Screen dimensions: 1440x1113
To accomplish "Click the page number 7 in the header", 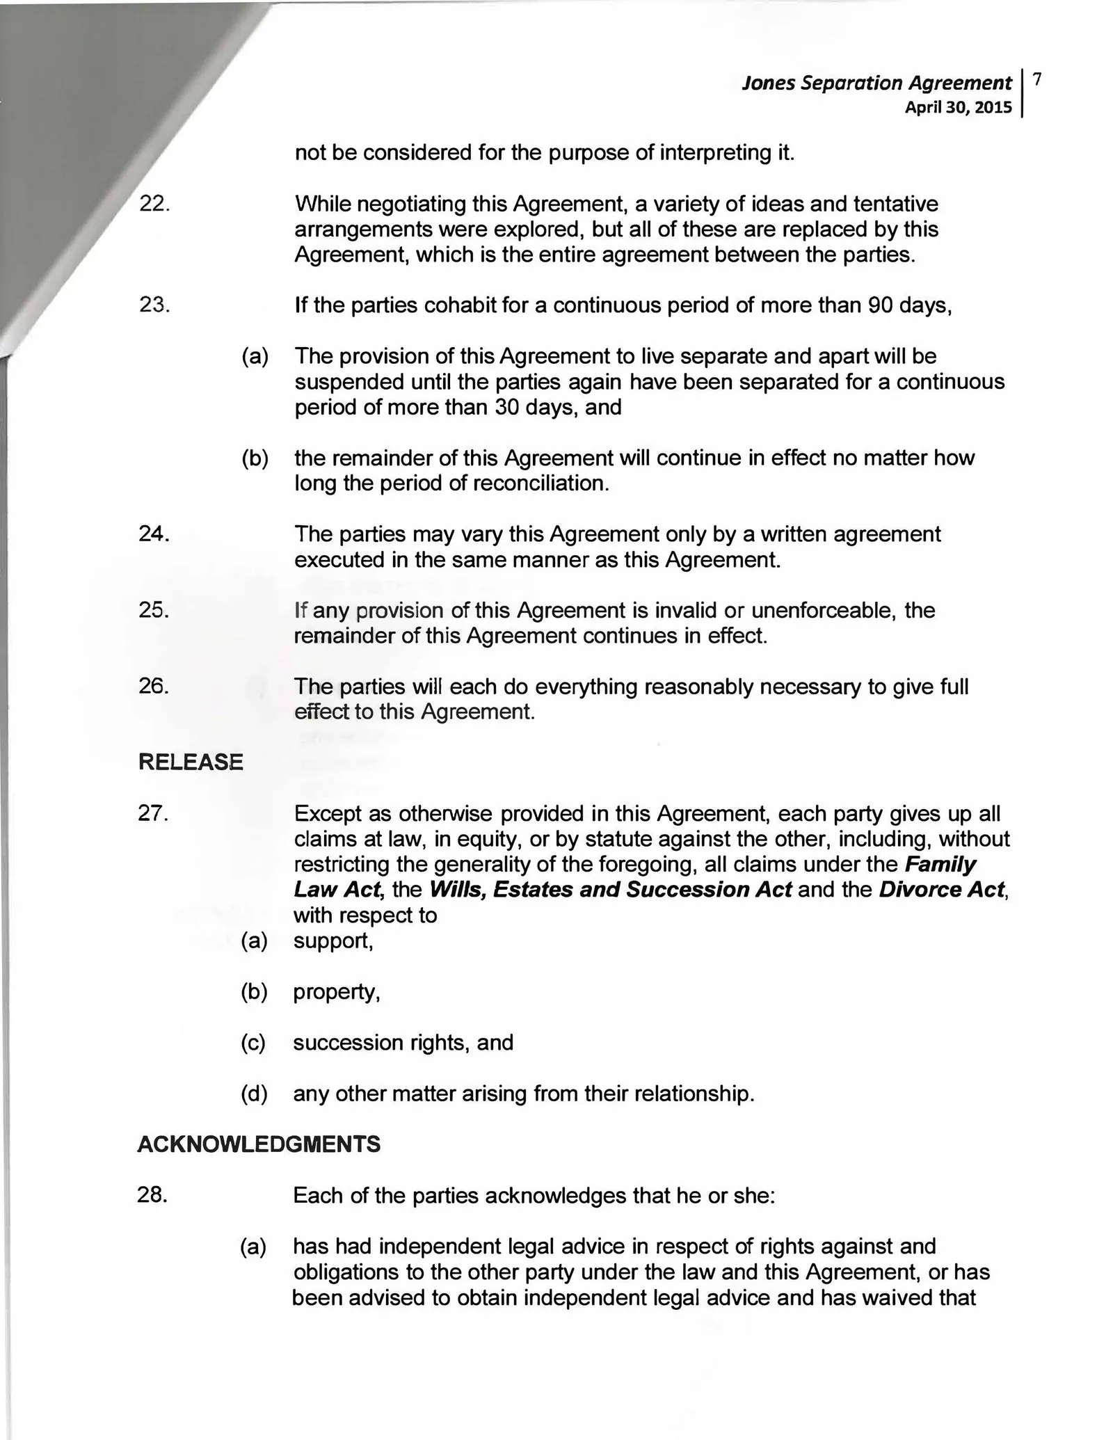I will [x=1037, y=79].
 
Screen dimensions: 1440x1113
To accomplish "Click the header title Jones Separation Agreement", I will [x=876, y=83].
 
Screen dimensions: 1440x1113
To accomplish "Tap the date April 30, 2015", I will [x=958, y=108].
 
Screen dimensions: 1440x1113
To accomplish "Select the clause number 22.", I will [x=154, y=205].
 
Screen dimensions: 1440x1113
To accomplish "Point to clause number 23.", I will [x=154, y=305].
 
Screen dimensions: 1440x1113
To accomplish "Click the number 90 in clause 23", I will [x=881, y=305].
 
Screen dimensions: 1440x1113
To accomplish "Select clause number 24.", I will [x=154, y=534].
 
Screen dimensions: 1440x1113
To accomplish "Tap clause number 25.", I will [x=154, y=610].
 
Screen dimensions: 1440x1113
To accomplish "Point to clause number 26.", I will [x=154, y=687].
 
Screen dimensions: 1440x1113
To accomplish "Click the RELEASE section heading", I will [x=191, y=762].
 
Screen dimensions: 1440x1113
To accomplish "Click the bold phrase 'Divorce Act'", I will [x=942, y=890].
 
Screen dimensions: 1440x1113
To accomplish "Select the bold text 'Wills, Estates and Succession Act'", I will [x=610, y=890].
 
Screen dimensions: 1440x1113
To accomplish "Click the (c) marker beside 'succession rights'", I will [x=254, y=1043].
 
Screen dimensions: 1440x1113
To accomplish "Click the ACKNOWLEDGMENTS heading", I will [x=259, y=1144].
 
